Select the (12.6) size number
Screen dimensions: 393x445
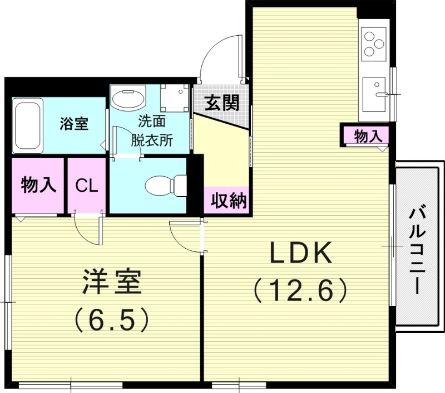pyautogui.click(x=301, y=290)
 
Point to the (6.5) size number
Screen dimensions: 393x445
pyautogui.click(x=113, y=319)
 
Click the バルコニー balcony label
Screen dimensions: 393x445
pyautogui.click(x=418, y=250)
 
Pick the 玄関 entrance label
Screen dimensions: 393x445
pyautogui.click(x=221, y=103)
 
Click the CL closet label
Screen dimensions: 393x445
pyautogui.click(x=87, y=186)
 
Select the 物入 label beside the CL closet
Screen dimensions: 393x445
pyautogui.click(x=38, y=186)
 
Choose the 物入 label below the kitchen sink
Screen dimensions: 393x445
pyautogui.click(x=367, y=135)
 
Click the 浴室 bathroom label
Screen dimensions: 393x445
pyautogui.click(x=74, y=124)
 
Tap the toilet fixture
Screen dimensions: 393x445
pyautogui.click(x=161, y=185)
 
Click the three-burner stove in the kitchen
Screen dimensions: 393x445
pyautogui.click(x=373, y=44)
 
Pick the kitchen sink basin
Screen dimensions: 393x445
pyautogui.click(x=374, y=93)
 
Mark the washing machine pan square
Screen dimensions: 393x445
pyautogui.click(x=174, y=98)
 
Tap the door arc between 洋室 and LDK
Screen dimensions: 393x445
pyautogui.click(x=184, y=237)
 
